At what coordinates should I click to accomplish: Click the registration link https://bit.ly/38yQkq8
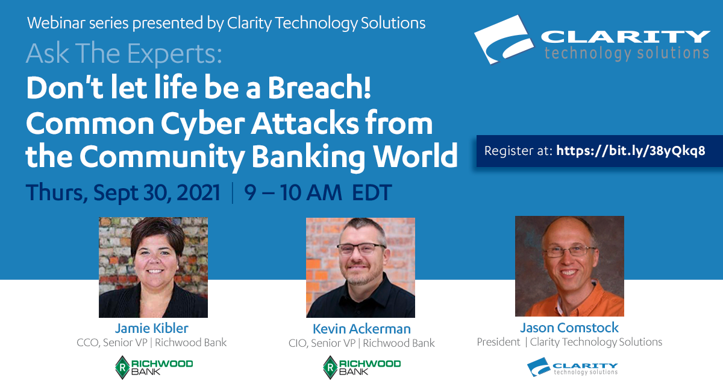tap(631, 151)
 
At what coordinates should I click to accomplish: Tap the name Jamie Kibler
tap(152, 328)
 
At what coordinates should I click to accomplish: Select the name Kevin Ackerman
tap(361, 329)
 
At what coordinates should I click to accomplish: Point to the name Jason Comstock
tap(569, 327)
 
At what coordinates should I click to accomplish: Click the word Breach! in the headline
tap(319, 88)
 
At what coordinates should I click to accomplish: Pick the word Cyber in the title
tap(202, 124)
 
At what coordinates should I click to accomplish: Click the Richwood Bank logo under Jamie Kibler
tap(154, 367)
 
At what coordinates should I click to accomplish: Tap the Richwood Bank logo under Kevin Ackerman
tap(362, 367)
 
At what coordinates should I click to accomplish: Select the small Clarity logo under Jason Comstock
tap(572, 367)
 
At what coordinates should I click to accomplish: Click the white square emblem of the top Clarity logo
tap(504, 39)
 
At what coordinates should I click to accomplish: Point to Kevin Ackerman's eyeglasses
tap(361, 249)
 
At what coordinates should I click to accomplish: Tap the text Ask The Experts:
tap(124, 53)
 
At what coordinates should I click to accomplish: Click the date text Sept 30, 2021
tap(157, 192)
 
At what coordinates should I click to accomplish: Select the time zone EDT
tap(372, 192)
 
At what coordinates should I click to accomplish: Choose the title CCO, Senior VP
tap(112, 343)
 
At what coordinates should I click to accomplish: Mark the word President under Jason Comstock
tap(498, 342)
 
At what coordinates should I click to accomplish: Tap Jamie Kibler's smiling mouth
tap(155, 271)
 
